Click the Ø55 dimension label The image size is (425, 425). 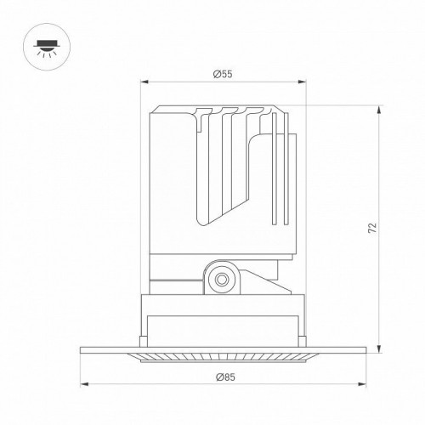pos(223,75)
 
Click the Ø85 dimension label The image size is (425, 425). pos(224,377)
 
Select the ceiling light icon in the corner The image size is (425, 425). pos(42,44)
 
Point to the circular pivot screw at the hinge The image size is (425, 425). pos(223,276)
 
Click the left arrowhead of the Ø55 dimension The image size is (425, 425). pos(143,83)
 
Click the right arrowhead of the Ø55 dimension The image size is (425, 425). pos(303,83)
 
